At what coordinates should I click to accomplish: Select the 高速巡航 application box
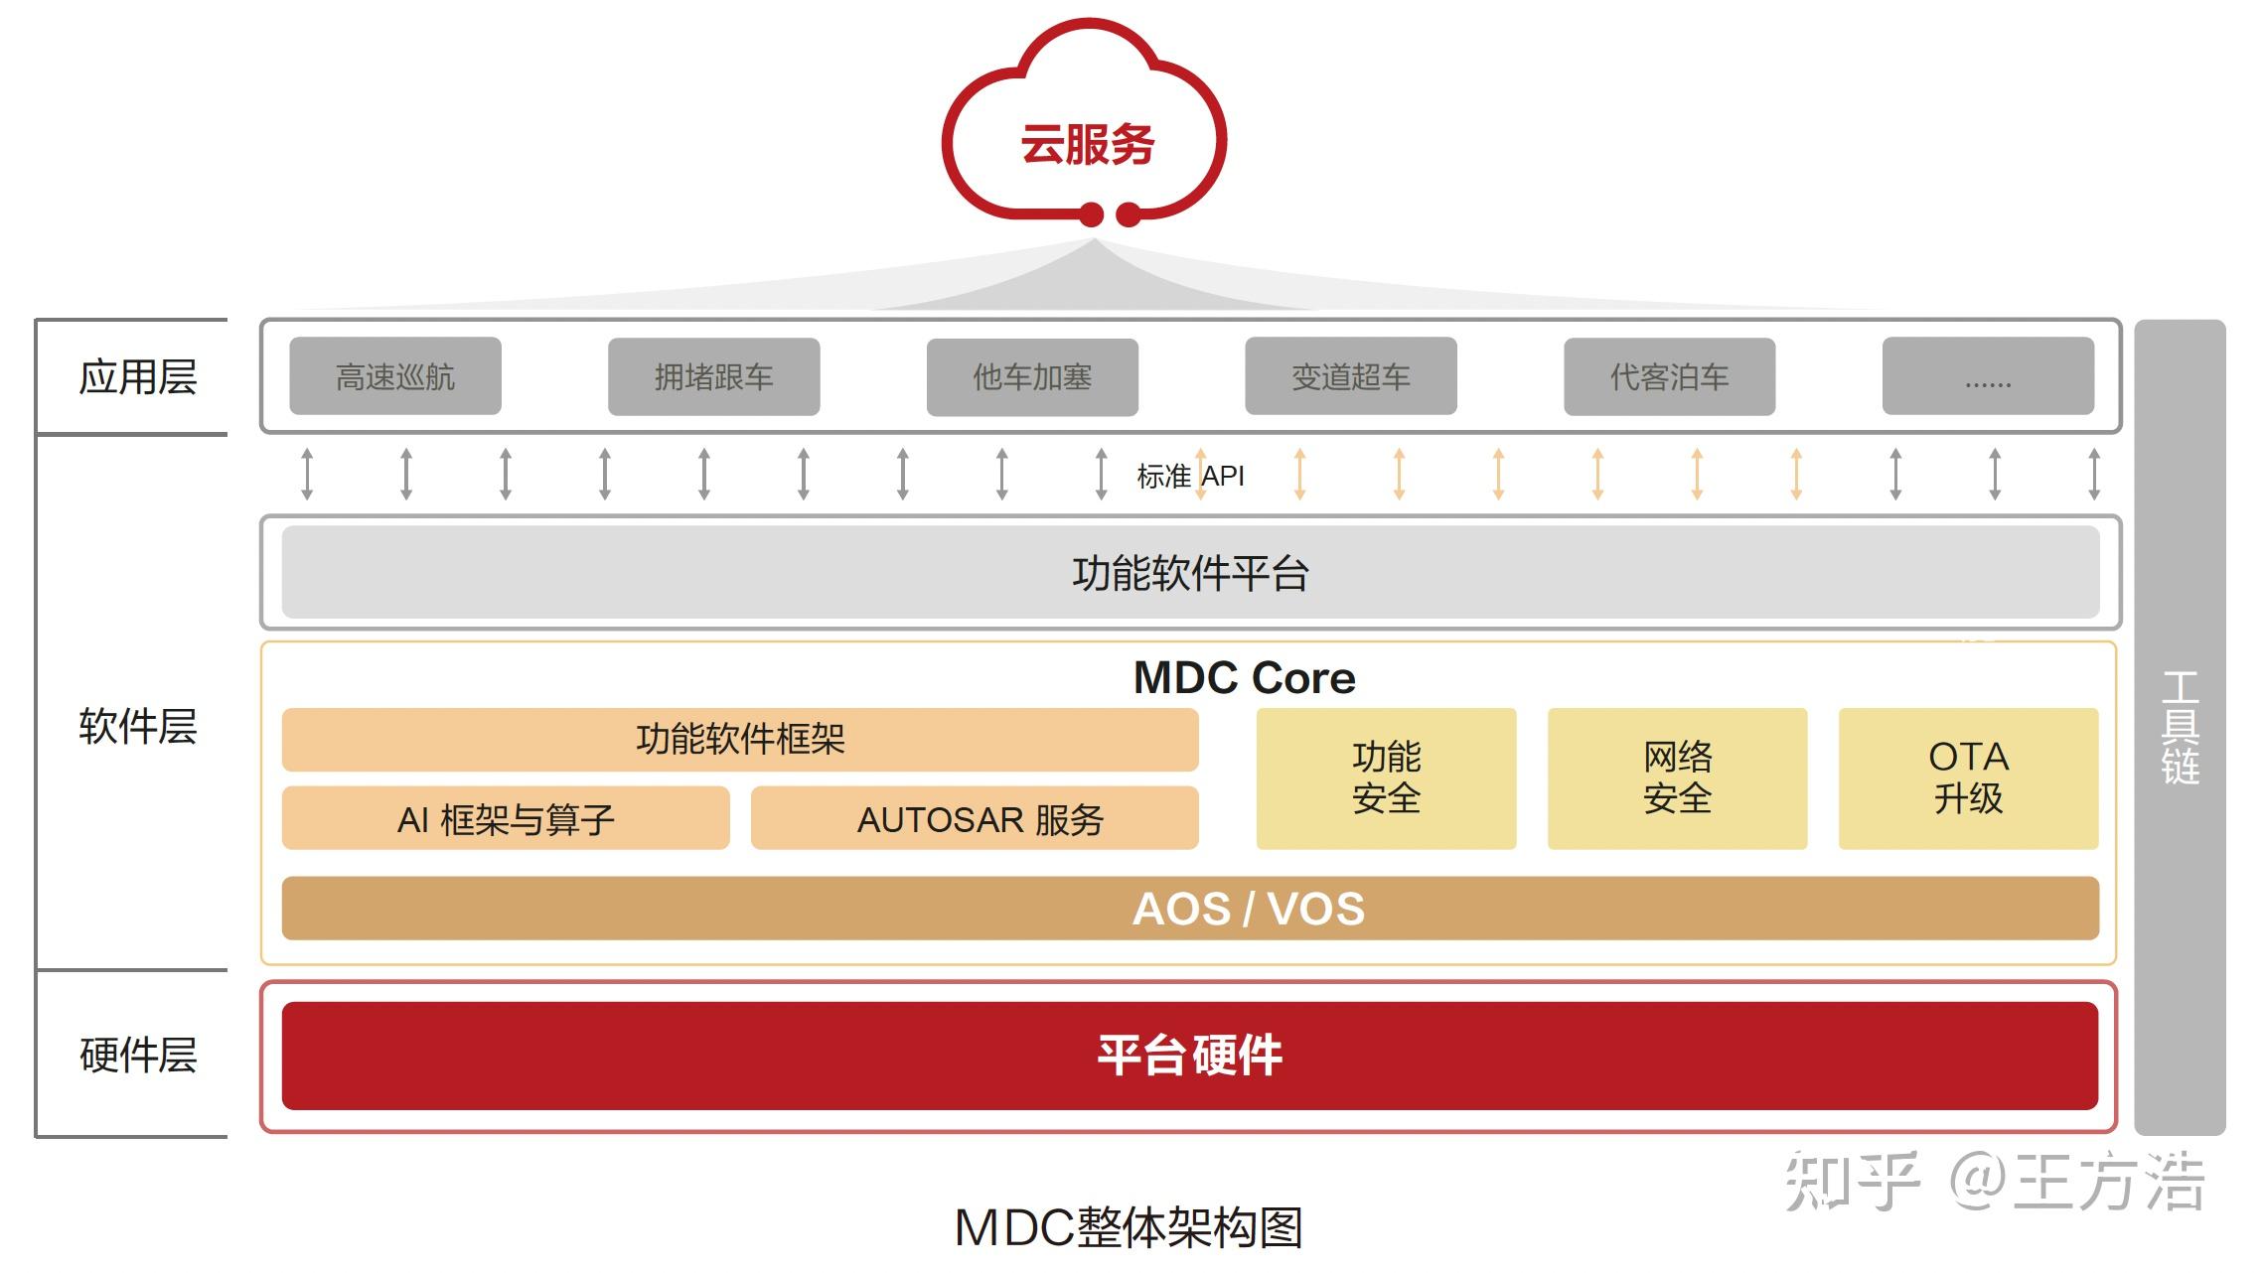[x=395, y=376]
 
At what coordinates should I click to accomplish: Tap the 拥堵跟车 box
[x=713, y=376]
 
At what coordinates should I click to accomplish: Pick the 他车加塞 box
[x=1032, y=376]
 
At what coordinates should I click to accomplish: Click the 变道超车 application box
[x=1351, y=376]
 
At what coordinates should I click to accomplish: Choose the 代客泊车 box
[x=1669, y=376]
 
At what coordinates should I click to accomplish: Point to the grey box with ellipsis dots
[x=1988, y=376]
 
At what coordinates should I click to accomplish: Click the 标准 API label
[x=1190, y=477]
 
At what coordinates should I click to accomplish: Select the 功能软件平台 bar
[x=1190, y=573]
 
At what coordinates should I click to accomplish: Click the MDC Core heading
[x=1244, y=678]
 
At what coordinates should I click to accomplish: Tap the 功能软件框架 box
[x=740, y=740]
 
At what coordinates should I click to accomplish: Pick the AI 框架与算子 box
[x=506, y=819]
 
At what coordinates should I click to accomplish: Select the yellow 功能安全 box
[x=1386, y=778]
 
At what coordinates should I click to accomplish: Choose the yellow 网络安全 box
[x=1677, y=778]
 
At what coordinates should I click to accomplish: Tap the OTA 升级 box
[x=1968, y=778]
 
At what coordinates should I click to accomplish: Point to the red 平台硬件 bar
[x=1190, y=1056]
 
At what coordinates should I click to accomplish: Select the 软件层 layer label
[x=138, y=726]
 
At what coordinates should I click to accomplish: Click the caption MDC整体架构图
[x=1129, y=1228]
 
